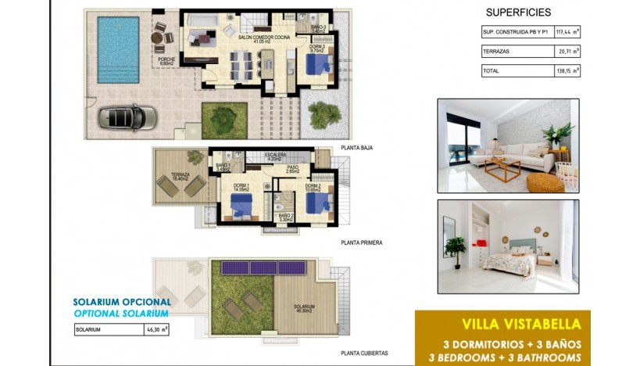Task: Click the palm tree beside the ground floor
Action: pos(323,115)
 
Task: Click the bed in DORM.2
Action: pos(316,205)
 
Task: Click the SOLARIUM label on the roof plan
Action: pos(305,307)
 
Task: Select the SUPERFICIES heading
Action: pos(518,13)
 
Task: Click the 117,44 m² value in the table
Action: pos(567,32)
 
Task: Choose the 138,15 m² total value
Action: pos(567,70)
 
